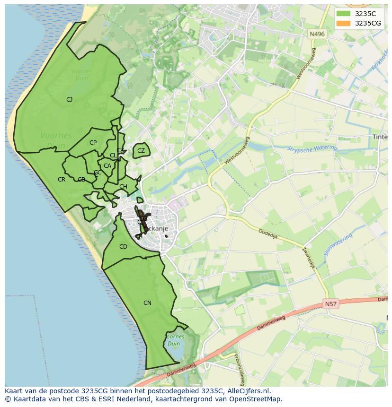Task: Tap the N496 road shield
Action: coord(317,34)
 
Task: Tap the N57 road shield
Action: coord(331,304)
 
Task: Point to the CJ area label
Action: coord(69,99)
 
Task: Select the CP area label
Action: coord(93,143)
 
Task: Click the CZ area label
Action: coord(141,151)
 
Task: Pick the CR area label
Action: coord(62,180)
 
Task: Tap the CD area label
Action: coord(123,247)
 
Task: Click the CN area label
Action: coord(147,303)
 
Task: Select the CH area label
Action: coord(123,187)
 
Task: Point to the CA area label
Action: coord(107,166)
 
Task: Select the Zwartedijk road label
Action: coord(308,258)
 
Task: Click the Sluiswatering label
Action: coord(338,244)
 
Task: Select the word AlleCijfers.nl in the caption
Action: coord(248,391)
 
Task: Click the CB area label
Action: coord(81,180)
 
